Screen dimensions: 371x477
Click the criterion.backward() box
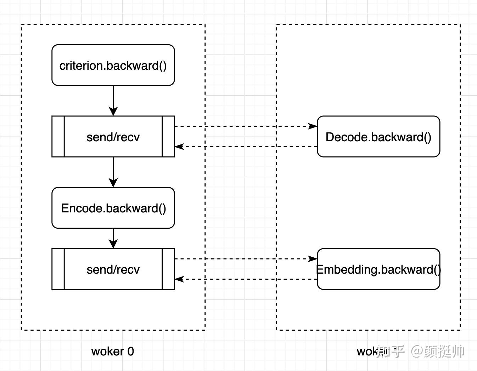pos(113,65)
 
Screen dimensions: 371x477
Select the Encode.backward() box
pos(113,208)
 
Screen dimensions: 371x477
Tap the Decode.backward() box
pos(378,137)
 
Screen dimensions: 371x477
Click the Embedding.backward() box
pos(378,269)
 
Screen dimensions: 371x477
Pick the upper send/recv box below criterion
pos(113,137)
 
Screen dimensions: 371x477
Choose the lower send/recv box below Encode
pos(113,269)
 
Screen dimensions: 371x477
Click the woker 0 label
pos(112,351)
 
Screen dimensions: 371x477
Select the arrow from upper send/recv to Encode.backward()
pos(113,172)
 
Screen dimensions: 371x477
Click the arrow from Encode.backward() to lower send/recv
pos(113,238)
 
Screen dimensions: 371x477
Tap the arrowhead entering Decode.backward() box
pos(313,126)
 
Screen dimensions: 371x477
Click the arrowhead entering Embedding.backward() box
pos(313,259)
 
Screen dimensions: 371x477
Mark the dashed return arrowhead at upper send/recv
pos(179,147)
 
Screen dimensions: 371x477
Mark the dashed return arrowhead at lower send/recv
pos(179,279)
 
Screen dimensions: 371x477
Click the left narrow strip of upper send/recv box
pos(58,137)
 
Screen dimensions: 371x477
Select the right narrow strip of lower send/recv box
pos(168,269)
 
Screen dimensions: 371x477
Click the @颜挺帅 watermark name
pos(438,351)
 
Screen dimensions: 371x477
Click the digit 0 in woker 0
pos(130,351)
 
